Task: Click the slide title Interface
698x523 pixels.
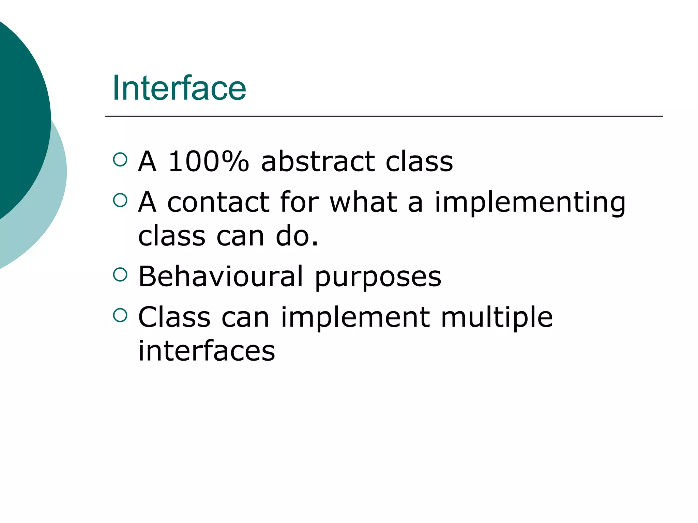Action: [x=179, y=88]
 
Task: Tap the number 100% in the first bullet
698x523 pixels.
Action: [x=209, y=161]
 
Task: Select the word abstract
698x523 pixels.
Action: [x=318, y=161]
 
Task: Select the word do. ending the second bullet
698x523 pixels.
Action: [x=297, y=236]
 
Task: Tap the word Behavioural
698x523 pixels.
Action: [x=221, y=276]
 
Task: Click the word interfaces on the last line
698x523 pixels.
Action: [x=207, y=351]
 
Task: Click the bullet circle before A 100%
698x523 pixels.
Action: [x=120, y=159]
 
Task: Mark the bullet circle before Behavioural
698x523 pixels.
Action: [x=120, y=274]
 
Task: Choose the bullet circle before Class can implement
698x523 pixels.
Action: [x=120, y=315]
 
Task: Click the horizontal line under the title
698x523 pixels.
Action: [x=383, y=116]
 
